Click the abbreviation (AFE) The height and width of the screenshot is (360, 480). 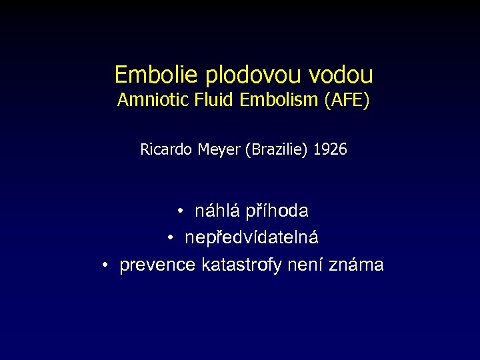[x=345, y=101]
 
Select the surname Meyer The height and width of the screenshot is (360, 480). [x=219, y=150]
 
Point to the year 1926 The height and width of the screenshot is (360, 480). [x=330, y=150]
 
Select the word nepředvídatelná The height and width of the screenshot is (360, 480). [x=252, y=238]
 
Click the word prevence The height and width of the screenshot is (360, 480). [x=157, y=265]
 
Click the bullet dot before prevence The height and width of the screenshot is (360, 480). [x=105, y=265]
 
